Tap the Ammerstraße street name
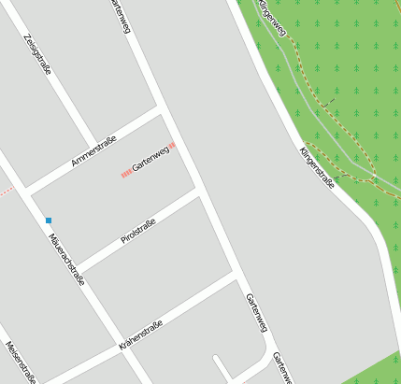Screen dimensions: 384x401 [x=93, y=151]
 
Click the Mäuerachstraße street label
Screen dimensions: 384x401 [x=66, y=257]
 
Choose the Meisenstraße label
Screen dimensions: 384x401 [x=21, y=363]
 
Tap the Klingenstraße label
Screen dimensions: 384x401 [x=317, y=167]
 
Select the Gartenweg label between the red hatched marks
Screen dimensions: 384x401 [x=150, y=159]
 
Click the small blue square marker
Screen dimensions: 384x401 [x=49, y=220]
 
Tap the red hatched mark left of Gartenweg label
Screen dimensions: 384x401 [x=126, y=173]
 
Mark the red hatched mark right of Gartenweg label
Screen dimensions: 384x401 [x=172, y=146]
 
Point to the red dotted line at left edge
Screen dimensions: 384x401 [x=6, y=192]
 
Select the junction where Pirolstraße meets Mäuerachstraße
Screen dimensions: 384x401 [x=78, y=267]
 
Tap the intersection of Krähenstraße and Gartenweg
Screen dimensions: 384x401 [x=236, y=277]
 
